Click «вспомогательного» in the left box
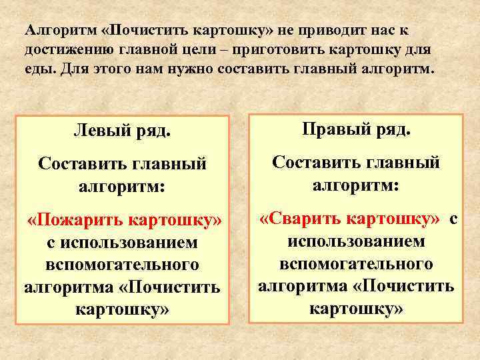(122, 265)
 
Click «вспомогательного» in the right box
(356, 264)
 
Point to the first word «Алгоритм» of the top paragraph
(61, 31)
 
